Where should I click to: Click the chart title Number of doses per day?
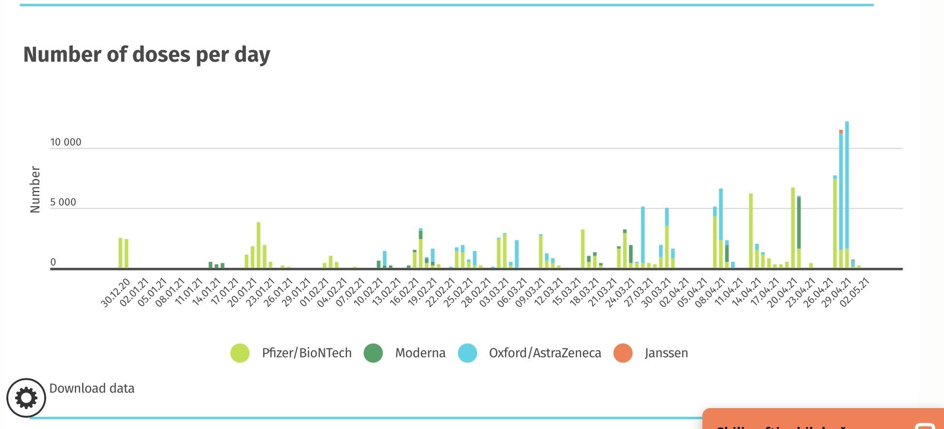pos(146,54)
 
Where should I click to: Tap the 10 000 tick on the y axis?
pos(66,142)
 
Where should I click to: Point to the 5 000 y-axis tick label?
pos(63,203)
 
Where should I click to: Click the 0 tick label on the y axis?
pos(53,262)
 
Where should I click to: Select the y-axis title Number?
pos(35,189)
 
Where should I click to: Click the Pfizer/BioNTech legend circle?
pos(240,353)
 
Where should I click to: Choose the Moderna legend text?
pos(420,353)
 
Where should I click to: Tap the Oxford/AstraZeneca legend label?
pos(544,353)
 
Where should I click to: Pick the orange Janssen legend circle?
pos(623,353)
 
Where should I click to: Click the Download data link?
pos(92,388)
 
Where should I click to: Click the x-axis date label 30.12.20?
pos(116,292)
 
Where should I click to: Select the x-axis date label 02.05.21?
pos(854,292)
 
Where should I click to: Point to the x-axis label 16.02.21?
pos(404,292)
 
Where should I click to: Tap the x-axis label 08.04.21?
pos(710,292)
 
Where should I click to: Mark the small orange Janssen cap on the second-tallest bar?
pos(841,132)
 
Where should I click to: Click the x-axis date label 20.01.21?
pos(242,292)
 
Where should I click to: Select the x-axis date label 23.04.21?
pos(800,292)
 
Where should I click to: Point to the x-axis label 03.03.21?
pos(494,292)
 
